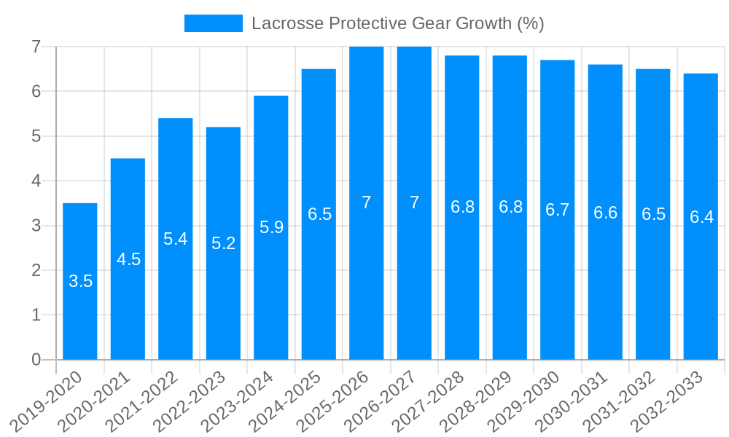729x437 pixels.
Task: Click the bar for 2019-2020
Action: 80,313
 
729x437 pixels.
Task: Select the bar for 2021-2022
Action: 176,291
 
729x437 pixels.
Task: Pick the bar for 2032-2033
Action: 701,277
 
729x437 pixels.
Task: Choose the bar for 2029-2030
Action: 558,277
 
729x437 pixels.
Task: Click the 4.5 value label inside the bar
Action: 128,259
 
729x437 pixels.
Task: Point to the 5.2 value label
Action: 223,243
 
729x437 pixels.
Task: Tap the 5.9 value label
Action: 271,227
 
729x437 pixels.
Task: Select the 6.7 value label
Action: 558,210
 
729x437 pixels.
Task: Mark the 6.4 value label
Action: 701,217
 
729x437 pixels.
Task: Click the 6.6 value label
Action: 605,213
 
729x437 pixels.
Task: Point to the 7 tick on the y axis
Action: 36,47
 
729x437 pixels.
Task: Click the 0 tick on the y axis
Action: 36,360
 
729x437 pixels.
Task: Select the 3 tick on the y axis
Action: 36,226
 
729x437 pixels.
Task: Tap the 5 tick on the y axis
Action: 36,136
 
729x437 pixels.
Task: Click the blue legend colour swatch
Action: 213,23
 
